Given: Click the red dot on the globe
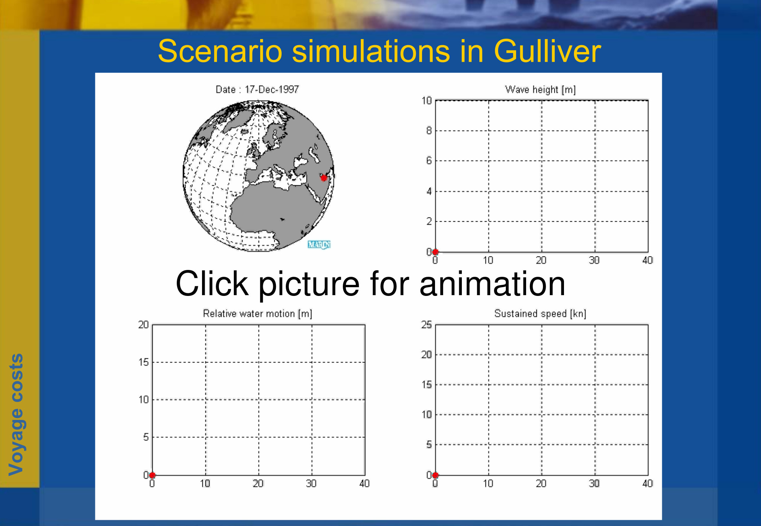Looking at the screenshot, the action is [324, 178].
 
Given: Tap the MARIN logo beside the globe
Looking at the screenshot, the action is [319, 244].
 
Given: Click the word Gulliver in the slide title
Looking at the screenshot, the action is [548, 51].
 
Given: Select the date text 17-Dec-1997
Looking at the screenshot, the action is [272, 90].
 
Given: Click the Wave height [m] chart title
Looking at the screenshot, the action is [540, 90].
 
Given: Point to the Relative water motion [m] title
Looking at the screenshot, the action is [257, 314].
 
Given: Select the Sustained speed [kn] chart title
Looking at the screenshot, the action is [540, 314].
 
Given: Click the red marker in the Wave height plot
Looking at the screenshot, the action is [435, 252].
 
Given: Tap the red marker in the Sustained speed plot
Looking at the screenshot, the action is [435, 475].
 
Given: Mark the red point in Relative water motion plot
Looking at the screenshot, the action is [152, 475].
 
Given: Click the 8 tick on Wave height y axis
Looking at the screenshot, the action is [429, 131].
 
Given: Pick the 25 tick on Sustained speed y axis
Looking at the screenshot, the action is [427, 325].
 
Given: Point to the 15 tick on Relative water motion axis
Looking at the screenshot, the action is [143, 362].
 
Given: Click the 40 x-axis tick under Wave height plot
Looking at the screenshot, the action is [647, 260].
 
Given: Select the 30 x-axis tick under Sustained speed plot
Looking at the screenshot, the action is [594, 484].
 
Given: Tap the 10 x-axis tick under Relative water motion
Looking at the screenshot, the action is [205, 484].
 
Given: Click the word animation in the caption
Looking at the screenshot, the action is [492, 284].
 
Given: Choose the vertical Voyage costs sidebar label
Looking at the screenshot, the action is [16, 415].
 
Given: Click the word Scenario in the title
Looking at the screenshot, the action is [220, 51].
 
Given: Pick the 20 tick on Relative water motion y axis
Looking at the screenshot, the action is [143, 325].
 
